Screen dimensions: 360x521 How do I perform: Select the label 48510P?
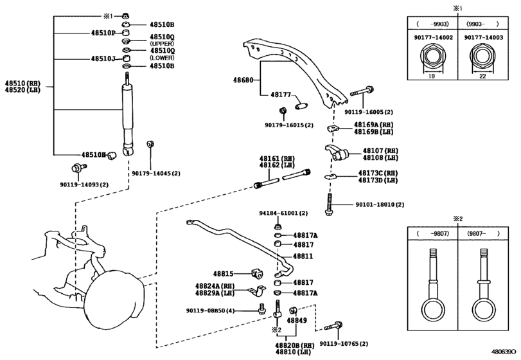point(103,33)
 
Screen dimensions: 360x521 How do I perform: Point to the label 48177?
point(281,94)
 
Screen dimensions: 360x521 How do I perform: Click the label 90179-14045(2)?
point(156,173)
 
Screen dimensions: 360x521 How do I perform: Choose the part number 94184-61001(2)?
point(284,213)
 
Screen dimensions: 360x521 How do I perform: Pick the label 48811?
point(303,256)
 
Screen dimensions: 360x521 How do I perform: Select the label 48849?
point(297,321)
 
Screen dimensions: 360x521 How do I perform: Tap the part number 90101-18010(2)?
point(380,204)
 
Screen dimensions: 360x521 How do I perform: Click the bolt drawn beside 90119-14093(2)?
point(78,169)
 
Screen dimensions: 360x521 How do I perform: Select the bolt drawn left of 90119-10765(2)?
point(336,327)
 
